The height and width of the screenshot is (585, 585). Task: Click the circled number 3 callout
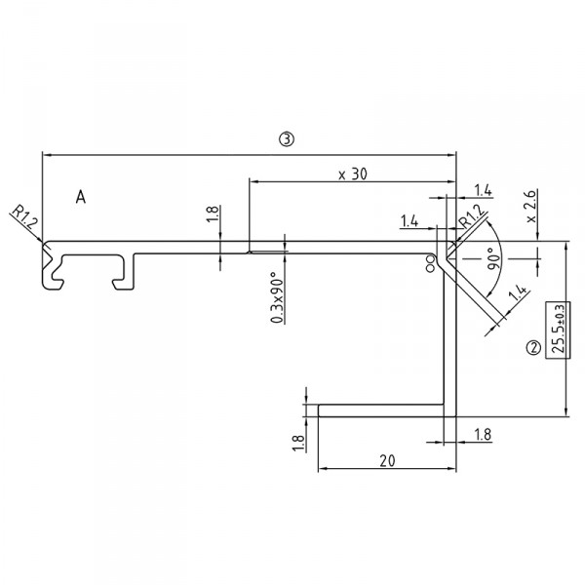285,139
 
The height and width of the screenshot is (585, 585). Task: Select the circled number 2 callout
532,346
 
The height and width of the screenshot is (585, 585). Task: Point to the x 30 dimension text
352,174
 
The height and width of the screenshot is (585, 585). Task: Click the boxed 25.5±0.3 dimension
558,331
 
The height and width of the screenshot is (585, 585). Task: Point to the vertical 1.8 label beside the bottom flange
298,442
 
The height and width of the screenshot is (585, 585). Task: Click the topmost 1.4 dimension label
482,189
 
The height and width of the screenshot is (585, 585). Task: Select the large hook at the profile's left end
54,271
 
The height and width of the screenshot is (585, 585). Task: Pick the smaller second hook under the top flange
123,272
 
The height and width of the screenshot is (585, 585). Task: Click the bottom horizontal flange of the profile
380,410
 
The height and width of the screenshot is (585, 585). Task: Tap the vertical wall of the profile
450,341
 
